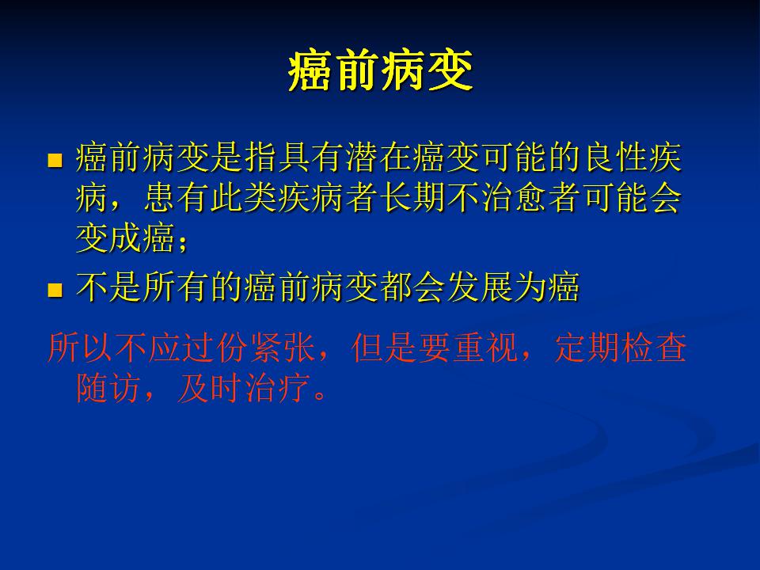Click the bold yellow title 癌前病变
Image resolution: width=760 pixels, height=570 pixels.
point(381,71)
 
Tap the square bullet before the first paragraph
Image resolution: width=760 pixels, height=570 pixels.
point(55,161)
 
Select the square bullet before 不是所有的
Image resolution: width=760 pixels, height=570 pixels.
point(55,290)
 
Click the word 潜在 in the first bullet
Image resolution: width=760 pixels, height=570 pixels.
point(379,158)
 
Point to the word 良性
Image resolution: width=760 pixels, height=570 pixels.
point(617,158)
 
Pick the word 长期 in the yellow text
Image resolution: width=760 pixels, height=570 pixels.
point(413,198)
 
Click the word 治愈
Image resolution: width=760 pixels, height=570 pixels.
point(515,198)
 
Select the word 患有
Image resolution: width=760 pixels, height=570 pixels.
point(177,198)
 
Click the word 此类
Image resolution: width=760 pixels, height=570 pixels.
point(244,198)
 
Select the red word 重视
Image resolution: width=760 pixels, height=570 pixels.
point(485,347)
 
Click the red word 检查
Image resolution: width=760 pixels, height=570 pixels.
point(655,347)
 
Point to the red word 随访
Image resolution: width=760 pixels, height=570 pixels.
point(108,388)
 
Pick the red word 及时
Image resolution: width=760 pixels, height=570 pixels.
point(210,388)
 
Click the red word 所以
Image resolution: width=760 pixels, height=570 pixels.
point(81,347)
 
